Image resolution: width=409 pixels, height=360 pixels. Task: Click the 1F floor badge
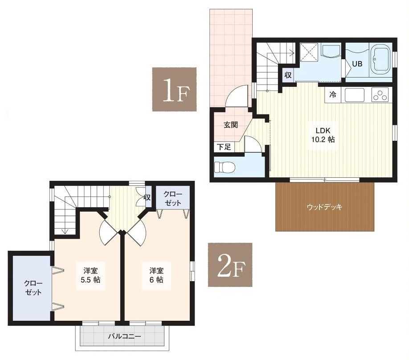(174, 90)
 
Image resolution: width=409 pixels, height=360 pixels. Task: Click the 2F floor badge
(230, 265)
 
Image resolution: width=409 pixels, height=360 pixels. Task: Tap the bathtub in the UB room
(381, 60)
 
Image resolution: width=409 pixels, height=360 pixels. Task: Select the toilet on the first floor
(225, 167)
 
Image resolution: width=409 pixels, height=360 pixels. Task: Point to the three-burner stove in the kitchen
(380, 95)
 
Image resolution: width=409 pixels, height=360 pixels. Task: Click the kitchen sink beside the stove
(355, 95)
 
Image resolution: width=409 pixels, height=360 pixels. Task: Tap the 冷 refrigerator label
(333, 95)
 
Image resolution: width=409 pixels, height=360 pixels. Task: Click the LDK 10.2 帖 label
(323, 135)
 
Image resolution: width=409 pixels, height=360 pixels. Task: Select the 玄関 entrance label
(231, 125)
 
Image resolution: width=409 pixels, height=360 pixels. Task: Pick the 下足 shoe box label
(224, 147)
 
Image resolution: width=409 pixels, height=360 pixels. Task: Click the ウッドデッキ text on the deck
(324, 207)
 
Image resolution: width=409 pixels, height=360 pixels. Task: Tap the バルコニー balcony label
(124, 336)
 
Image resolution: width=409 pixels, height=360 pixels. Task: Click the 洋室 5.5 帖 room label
(90, 275)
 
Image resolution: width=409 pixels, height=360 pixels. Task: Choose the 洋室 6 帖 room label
(156, 275)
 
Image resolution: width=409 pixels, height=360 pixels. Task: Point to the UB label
(357, 64)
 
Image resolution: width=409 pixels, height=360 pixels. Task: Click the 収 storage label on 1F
(288, 75)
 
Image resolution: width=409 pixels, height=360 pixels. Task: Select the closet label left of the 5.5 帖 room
(33, 288)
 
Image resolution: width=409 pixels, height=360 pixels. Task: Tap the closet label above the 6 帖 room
(173, 199)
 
